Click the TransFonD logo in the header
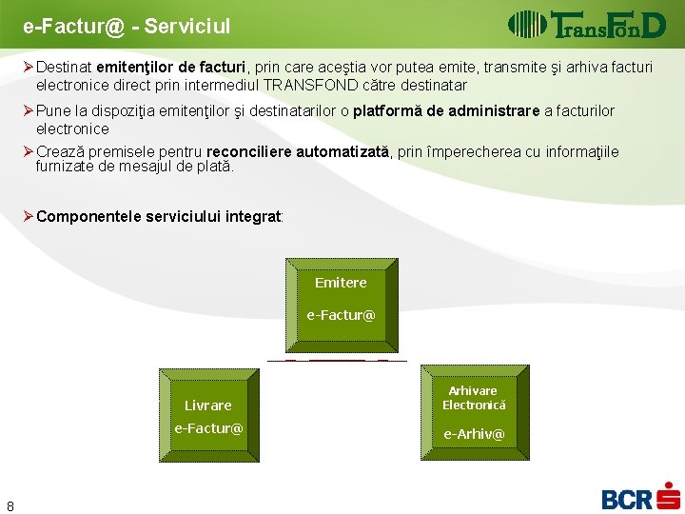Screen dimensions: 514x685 click(x=586, y=24)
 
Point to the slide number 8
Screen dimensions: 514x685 click(x=10, y=505)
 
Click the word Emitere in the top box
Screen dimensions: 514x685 click(x=341, y=283)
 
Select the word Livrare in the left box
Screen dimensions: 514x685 click(x=208, y=405)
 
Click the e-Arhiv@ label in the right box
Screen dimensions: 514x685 click(x=474, y=435)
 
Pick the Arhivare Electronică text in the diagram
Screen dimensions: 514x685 click(x=474, y=398)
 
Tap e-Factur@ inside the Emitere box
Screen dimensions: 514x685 click(x=341, y=315)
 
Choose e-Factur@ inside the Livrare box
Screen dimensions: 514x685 click(x=208, y=428)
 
